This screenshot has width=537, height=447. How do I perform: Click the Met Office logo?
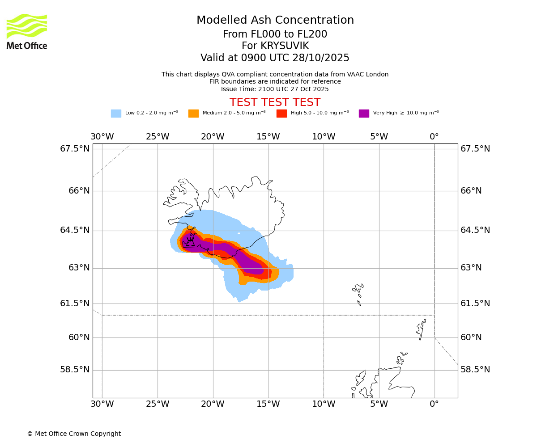pyautogui.click(x=27, y=31)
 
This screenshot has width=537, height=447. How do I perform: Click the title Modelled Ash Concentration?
pyautogui.click(x=275, y=21)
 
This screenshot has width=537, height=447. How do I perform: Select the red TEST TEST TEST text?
pyautogui.click(x=275, y=102)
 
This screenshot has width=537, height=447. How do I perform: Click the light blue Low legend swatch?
pyautogui.click(x=116, y=114)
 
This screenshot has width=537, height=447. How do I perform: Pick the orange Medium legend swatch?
pyautogui.click(x=193, y=114)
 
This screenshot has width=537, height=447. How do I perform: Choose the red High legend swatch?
pyautogui.click(x=281, y=114)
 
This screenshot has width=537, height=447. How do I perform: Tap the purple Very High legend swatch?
pyautogui.click(x=364, y=114)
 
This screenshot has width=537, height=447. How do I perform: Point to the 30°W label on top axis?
pyautogui.click(x=102, y=137)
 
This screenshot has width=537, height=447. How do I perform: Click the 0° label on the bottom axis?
pyautogui.click(x=434, y=405)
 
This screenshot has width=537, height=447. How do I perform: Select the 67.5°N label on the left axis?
pyautogui.click(x=75, y=149)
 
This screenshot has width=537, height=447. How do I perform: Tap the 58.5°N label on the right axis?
pyautogui.click(x=475, y=370)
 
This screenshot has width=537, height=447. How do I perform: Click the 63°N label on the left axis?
pyautogui.click(x=79, y=268)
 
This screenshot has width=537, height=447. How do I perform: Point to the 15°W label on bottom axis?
pyautogui.click(x=268, y=405)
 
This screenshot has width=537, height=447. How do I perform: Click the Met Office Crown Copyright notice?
pyautogui.click(x=74, y=434)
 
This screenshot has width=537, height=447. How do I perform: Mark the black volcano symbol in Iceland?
pyautogui.click(x=191, y=243)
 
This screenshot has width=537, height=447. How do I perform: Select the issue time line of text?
pyautogui.click(x=275, y=89)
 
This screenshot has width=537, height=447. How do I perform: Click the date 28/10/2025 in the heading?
pyautogui.click(x=321, y=58)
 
